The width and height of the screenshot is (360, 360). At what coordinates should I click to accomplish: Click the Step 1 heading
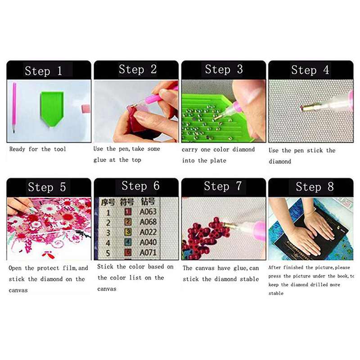[x=43, y=71]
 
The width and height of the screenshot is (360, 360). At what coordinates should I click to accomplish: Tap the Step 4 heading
[x=310, y=70]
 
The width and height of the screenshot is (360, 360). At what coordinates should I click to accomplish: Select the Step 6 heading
[x=140, y=186]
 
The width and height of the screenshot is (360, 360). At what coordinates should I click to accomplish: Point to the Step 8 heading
[x=315, y=187]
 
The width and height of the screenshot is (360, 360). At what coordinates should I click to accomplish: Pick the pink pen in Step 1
[x=14, y=107]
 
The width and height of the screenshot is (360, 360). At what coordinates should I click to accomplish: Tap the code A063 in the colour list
[x=148, y=211]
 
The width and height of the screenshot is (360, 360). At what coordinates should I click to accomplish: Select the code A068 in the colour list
[x=148, y=222]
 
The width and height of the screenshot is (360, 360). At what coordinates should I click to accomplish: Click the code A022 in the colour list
[x=148, y=232]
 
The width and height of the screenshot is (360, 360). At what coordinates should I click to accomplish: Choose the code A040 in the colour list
[x=148, y=242]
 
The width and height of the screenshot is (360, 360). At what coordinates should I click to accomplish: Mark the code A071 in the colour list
[x=148, y=252]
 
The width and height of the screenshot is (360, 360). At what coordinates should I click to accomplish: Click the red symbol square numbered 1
[x=128, y=211]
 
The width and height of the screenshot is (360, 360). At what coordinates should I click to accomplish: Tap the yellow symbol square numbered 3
[x=128, y=232]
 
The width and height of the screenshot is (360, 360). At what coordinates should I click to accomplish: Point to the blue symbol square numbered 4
[x=128, y=242]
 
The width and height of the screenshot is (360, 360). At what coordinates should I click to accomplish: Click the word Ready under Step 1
[x=17, y=149]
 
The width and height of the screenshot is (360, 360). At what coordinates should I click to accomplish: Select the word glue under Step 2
[x=99, y=160]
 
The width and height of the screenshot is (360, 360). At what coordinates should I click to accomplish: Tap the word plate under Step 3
[x=218, y=161]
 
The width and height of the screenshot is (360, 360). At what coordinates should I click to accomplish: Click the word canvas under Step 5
[x=18, y=290]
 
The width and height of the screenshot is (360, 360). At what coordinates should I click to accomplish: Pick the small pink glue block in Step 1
[x=86, y=108]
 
